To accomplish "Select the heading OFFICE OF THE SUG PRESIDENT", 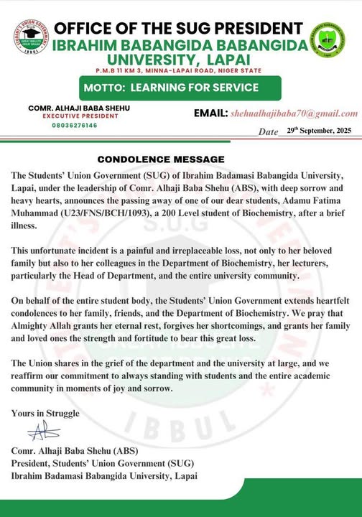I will [x=178, y=29].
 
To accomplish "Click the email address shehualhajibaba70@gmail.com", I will [x=294, y=113].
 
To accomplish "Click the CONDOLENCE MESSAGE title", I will [x=162, y=159].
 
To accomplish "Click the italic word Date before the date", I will [x=268, y=132].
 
